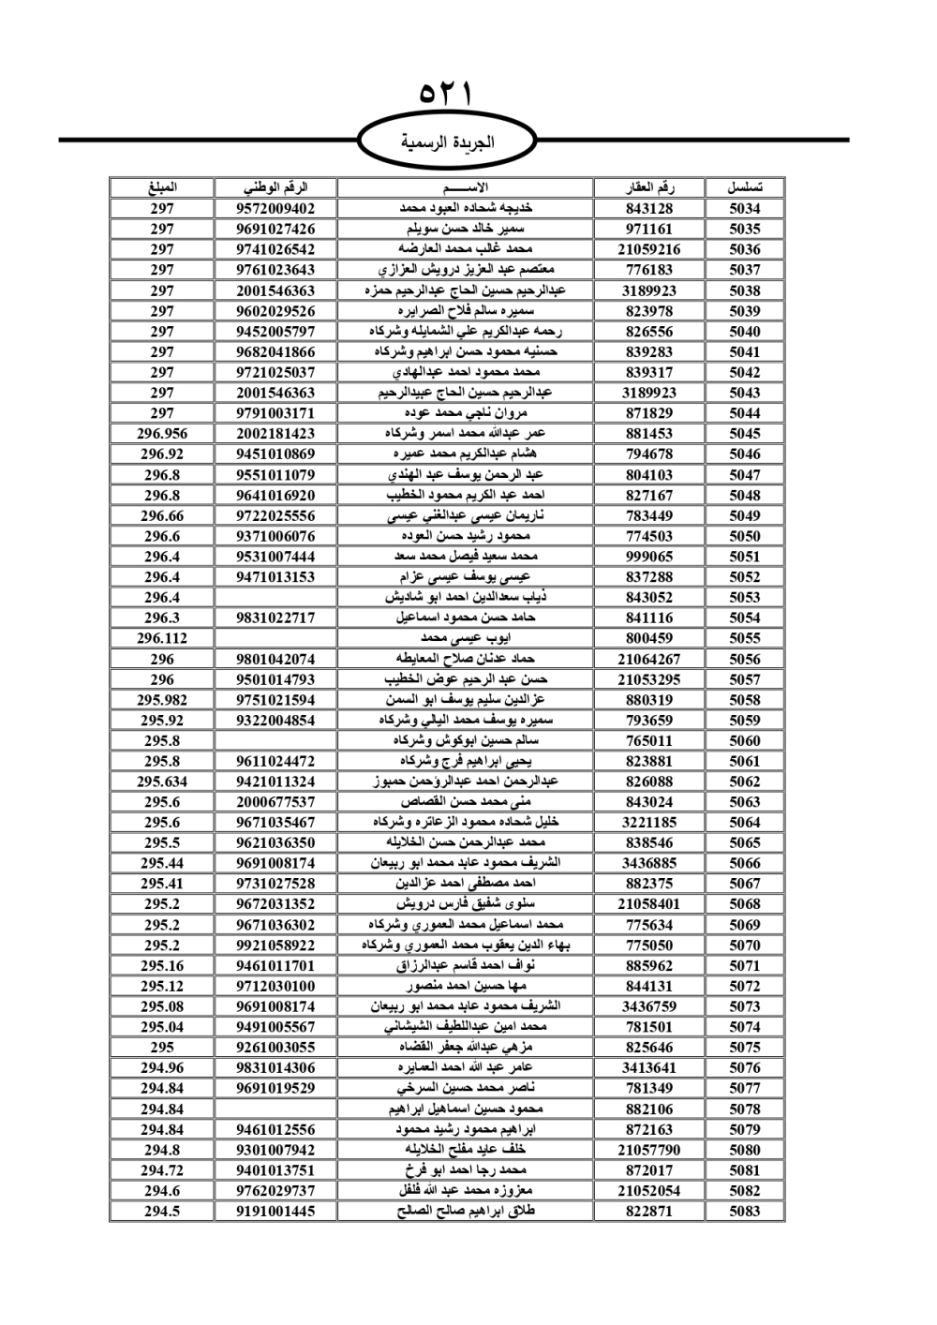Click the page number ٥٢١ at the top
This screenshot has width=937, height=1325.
[446, 95]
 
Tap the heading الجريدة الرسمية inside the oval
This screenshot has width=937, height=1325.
[447, 143]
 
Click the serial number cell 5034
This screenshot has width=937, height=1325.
[745, 208]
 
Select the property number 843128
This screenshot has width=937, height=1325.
[648, 208]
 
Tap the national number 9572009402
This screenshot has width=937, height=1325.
[275, 208]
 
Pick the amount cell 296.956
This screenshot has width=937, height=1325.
[162, 434]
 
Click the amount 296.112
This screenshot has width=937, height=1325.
[162, 638]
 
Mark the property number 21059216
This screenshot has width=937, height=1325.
[648, 249]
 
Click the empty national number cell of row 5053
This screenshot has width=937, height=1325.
[275, 597]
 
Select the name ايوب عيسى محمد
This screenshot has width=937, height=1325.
[466, 638]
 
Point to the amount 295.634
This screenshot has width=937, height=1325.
[162, 782]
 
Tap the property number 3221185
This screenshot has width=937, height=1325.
[648, 822]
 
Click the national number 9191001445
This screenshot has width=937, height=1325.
[275, 1211]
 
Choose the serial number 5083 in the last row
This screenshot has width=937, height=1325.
[745, 1211]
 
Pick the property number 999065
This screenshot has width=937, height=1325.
[648, 557]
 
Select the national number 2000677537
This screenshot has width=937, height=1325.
[275, 802]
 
